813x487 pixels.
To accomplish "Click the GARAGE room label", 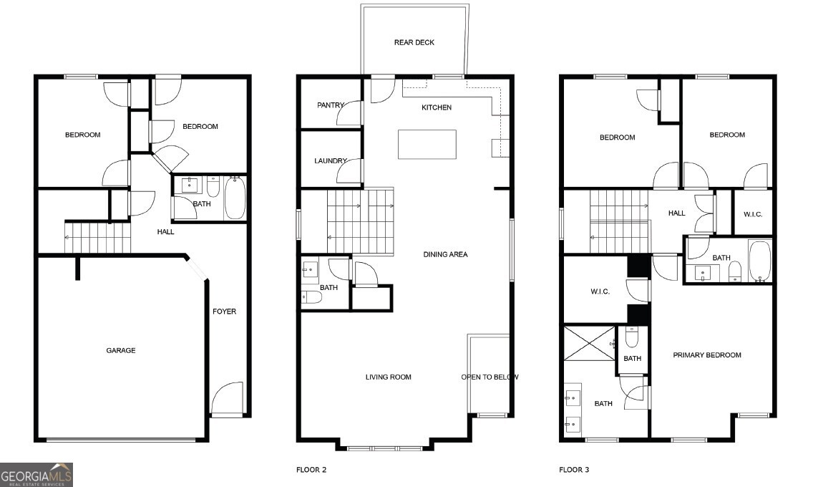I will click(121, 350).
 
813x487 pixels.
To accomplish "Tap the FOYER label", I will click(224, 312).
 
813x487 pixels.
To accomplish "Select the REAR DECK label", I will click(414, 42).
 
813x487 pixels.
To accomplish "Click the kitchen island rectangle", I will click(427, 144).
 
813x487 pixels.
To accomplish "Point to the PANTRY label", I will click(330, 105).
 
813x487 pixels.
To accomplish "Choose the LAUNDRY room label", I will click(330, 161).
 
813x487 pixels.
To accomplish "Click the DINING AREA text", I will click(445, 254).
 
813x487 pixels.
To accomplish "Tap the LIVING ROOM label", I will click(388, 377).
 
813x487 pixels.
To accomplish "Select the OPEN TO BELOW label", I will click(490, 377).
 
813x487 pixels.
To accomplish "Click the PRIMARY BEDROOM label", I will click(706, 355).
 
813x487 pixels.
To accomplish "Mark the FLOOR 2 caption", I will click(311, 470).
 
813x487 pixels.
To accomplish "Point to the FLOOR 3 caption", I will click(574, 470).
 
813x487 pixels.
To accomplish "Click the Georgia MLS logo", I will click(36, 474).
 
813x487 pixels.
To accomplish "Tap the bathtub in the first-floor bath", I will click(235, 198).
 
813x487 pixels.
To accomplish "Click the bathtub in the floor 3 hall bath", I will click(759, 261).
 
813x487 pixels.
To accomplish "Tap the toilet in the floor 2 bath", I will click(312, 296).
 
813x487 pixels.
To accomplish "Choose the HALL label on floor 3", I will click(676, 213).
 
